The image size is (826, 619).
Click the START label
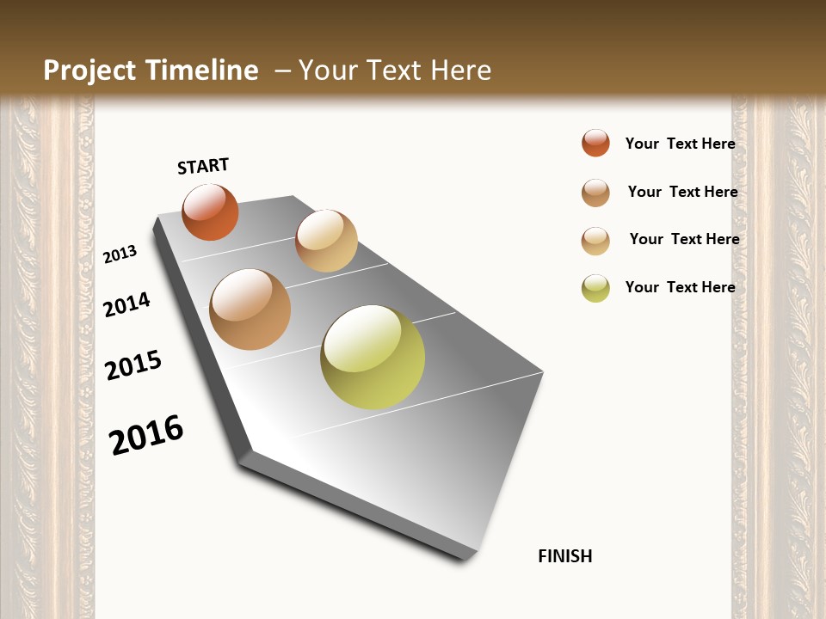click(203, 166)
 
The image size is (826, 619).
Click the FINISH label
click(564, 556)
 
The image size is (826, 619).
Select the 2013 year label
click(120, 254)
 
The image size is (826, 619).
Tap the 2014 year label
click(127, 304)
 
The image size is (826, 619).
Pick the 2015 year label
click(133, 365)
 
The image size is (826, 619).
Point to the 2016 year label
click(146, 435)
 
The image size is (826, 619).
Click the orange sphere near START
click(210, 211)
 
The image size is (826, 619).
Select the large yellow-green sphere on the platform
click(373, 357)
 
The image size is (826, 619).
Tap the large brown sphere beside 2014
click(250, 309)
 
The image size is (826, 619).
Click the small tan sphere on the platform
click(326, 241)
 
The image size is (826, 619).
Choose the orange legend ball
click(595, 143)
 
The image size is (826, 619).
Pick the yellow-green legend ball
click(595, 288)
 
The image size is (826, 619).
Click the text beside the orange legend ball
click(680, 144)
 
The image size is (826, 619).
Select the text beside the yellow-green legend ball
click(680, 287)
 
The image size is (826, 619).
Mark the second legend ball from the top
click(595, 193)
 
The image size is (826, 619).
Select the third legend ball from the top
click(595, 241)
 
